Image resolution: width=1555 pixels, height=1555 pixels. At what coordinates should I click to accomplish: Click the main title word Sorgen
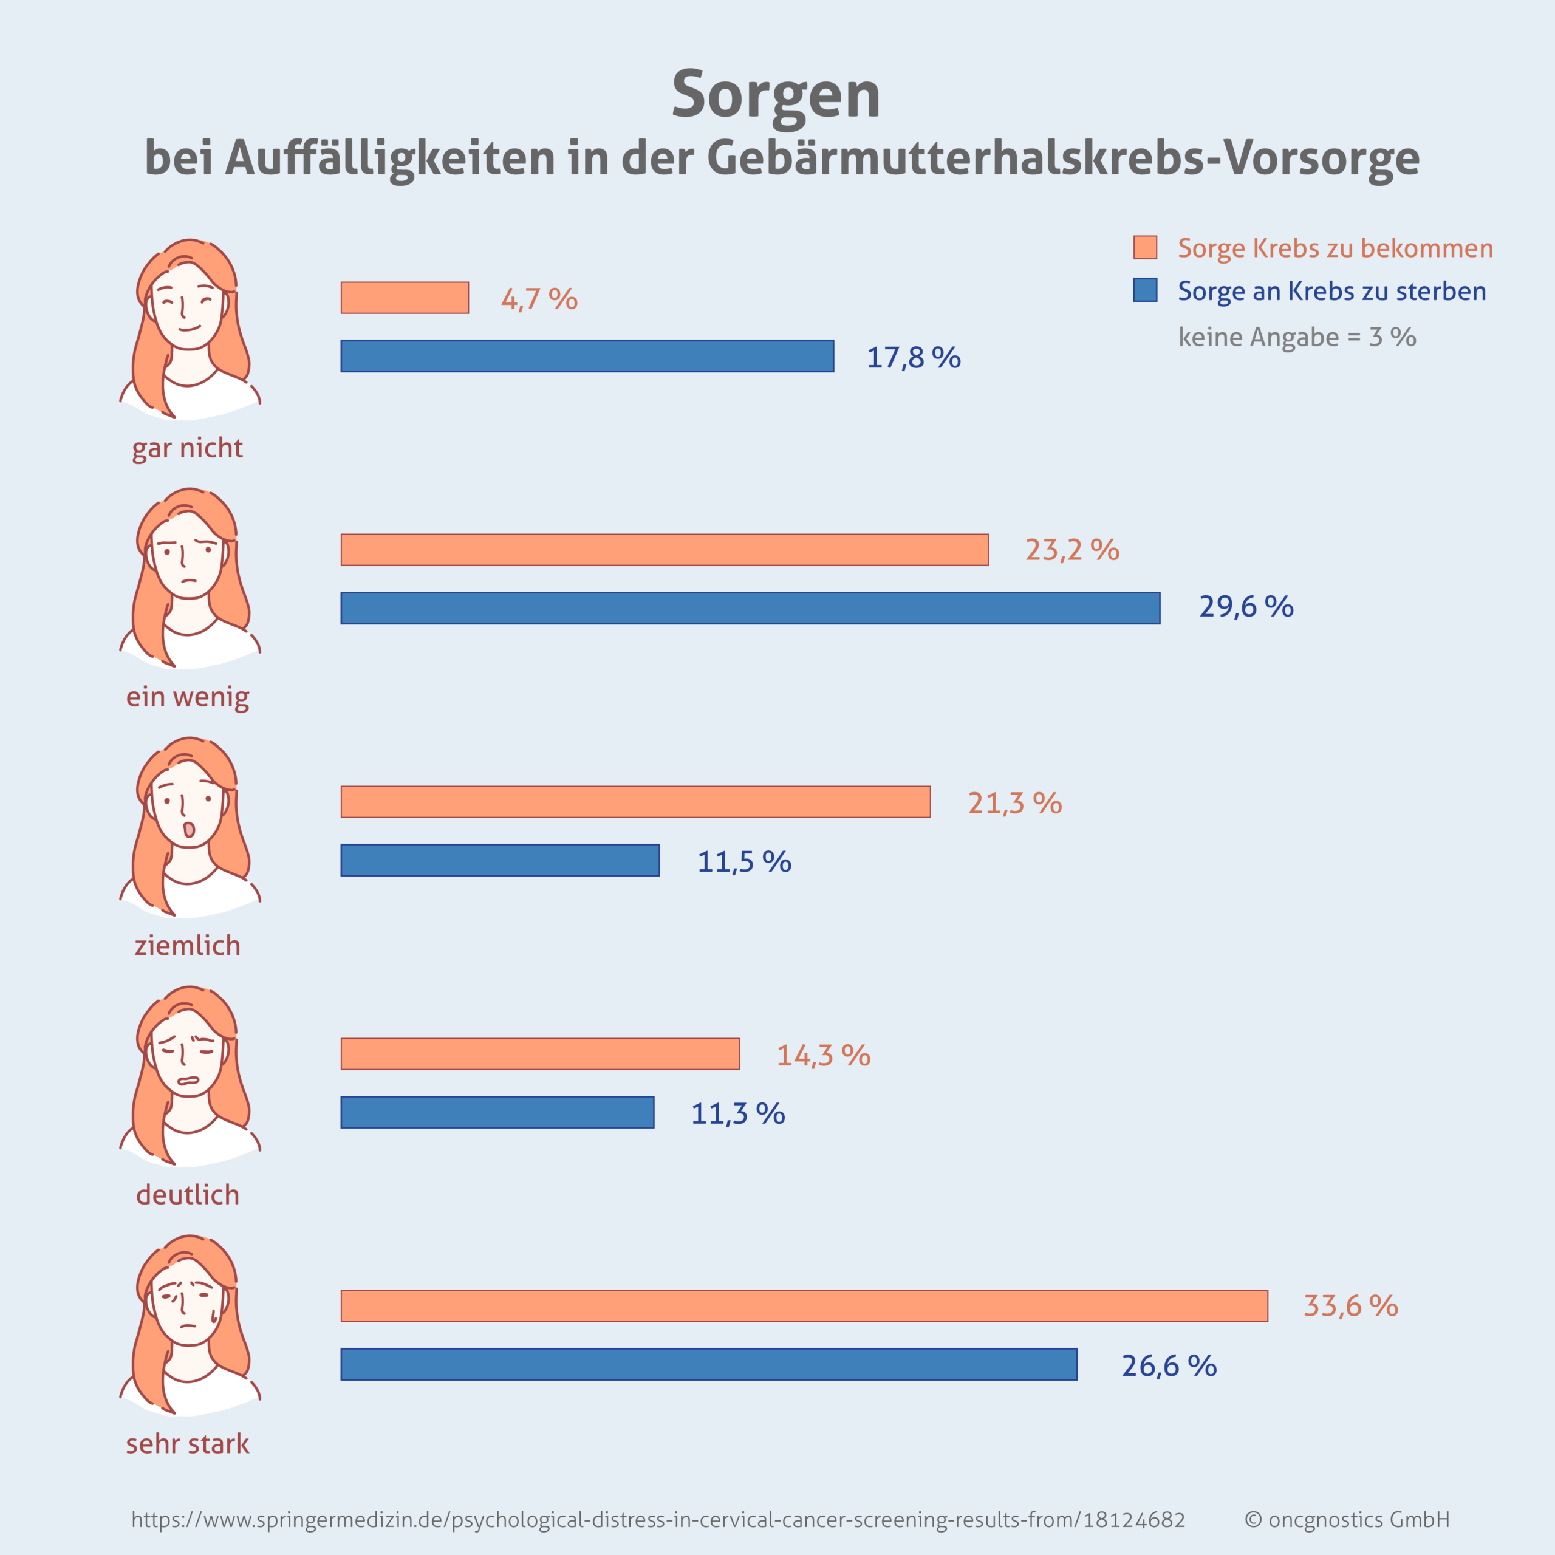pos(776,95)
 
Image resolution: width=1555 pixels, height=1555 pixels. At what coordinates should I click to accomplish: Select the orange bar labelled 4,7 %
pos(405,298)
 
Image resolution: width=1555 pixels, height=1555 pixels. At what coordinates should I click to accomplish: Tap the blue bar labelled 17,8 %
pos(587,357)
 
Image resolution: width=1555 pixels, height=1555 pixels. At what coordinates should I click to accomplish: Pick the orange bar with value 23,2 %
pos(664,550)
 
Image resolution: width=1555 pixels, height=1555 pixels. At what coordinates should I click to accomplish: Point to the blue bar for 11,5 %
pos(500,860)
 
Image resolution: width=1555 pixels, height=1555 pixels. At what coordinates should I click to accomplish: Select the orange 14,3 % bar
pos(540,1053)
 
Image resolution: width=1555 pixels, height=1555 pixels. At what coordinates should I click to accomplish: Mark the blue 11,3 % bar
pos(497,1112)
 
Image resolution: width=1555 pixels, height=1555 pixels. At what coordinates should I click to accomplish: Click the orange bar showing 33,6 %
pos(804,1305)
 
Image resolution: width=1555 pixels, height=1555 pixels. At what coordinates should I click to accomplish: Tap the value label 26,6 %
pos(1169,1366)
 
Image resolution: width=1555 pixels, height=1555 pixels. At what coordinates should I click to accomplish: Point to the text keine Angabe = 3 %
pos(1297,337)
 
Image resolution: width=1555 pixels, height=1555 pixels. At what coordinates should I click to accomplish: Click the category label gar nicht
pos(188,448)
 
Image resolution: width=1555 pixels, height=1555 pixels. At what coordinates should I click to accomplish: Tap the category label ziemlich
pos(188,945)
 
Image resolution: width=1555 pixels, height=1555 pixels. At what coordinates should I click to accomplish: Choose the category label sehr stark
pos(188,1444)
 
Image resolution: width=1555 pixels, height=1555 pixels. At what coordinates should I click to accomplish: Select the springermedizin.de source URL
pos(658,1520)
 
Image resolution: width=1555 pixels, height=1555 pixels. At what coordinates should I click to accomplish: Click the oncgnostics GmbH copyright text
pos(1347,1520)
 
